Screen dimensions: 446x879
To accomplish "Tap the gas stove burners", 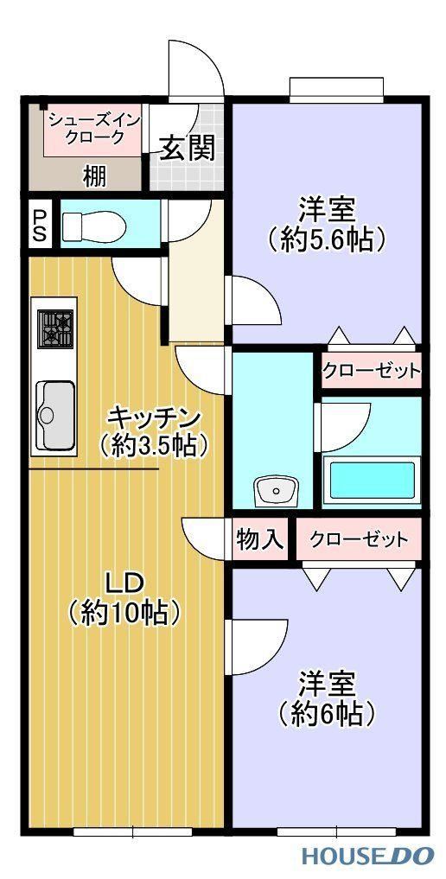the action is (x=56, y=328).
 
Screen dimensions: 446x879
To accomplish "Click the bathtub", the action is (x=372, y=481).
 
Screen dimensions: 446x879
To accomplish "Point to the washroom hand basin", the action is (x=276, y=492).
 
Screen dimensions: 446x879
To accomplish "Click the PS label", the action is (x=40, y=226).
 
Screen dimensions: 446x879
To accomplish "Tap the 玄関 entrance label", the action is (x=188, y=148).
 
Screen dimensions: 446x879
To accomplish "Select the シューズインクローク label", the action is (x=93, y=129).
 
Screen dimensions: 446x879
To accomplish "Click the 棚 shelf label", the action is (x=93, y=177).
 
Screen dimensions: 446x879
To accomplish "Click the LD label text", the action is (x=126, y=584).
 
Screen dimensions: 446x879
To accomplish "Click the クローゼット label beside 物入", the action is (x=359, y=540).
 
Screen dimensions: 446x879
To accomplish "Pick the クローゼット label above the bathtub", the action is (x=371, y=370).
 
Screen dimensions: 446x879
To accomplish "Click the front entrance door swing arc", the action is (x=210, y=58).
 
